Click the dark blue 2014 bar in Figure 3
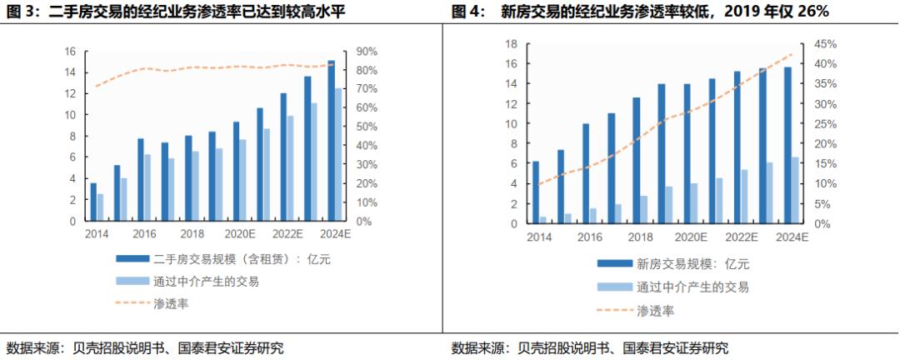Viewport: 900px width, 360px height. click(x=93, y=202)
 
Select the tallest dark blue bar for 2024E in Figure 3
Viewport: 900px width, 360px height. click(x=331, y=142)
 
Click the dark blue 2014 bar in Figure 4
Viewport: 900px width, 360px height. click(x=535, y=192)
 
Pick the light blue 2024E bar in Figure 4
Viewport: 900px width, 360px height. click(x=795, y=191)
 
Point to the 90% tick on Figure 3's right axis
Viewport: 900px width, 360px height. click(x=367, y=52)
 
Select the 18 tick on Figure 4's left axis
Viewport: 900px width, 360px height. click(x=512, y=44)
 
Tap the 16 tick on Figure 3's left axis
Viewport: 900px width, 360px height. click(x=71, y=52)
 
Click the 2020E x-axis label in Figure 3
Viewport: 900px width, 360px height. click(x=240, y=235)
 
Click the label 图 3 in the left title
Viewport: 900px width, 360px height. click(x=20, y=12)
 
